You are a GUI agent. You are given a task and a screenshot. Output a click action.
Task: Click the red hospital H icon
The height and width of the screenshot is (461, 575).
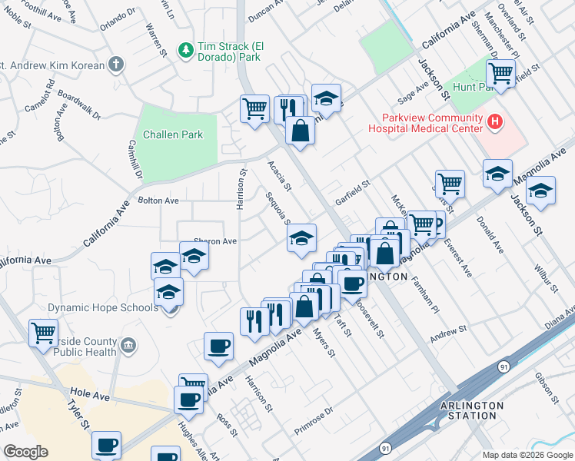point(496,121)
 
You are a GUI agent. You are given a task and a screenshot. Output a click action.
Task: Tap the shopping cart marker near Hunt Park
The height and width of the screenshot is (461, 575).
point(500,75)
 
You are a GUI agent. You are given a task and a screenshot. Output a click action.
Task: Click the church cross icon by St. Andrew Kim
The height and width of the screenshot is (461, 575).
point(115,65)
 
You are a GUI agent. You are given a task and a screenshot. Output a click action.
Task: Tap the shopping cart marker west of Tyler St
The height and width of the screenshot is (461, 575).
point(43,333)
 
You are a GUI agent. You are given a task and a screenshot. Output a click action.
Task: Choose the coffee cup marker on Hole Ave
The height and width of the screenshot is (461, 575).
point(189,399)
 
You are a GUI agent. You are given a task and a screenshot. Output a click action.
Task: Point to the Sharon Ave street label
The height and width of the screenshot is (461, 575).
point(215,241)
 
